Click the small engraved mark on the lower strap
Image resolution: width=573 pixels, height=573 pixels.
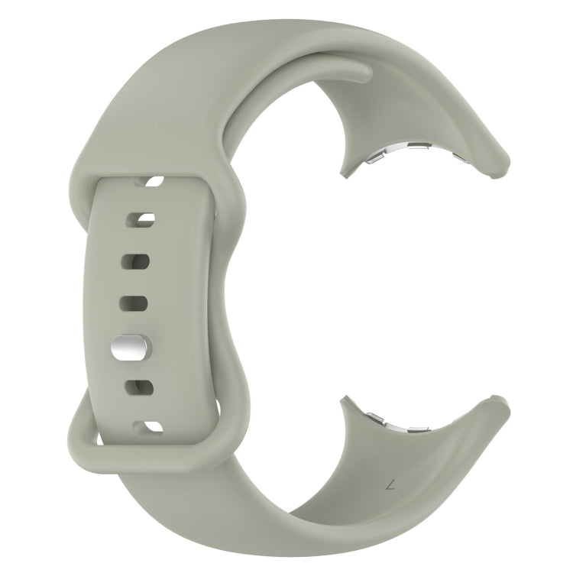pyautogui.click(x=390, y=484)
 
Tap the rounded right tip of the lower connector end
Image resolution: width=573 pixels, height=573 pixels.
pyautogui.click(x=505, y=403)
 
